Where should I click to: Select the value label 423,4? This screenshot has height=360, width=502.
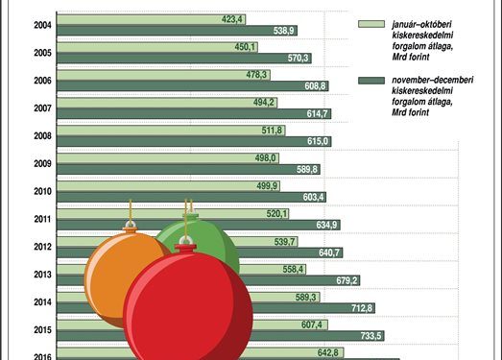(233, 19)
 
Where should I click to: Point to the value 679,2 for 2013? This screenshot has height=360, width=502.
(347, 280)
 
